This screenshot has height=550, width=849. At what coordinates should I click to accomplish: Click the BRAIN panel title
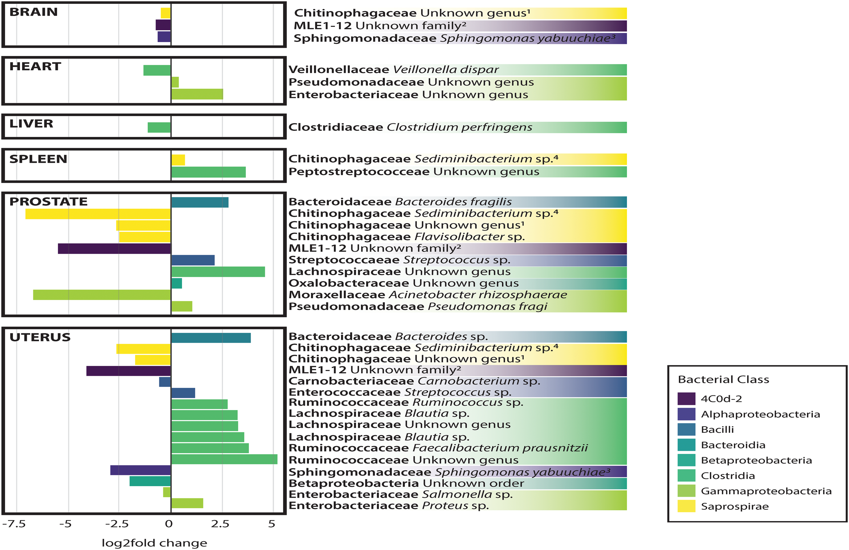pos(33,12)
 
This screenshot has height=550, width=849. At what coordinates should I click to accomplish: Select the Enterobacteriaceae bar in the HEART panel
pos(197,94)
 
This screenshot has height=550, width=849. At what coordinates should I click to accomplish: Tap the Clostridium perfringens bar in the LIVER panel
pos(159,127)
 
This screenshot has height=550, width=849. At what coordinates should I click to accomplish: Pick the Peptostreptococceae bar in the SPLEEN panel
pos(208,172)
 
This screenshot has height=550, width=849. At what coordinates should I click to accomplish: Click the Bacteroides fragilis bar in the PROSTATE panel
pos(200,202)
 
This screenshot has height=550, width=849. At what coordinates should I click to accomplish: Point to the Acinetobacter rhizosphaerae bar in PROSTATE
pos(102,295)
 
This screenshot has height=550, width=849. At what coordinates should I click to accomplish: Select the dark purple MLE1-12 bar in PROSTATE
pos(114,249)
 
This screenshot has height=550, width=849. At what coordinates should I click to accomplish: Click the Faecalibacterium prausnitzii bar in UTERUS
pos(210,448)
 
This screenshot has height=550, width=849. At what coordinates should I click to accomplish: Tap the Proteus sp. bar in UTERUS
pos(187,503)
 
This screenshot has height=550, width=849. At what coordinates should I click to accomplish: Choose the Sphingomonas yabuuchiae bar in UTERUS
pos(141,471)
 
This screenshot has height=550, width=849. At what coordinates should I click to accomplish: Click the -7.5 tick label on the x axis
pos(14,524)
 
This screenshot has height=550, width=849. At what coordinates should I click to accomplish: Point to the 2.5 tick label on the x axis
pos(220,524)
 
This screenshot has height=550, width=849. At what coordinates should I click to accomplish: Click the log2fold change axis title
pos(154,543)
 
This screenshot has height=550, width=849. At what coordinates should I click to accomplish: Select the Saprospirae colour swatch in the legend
pos(686,506)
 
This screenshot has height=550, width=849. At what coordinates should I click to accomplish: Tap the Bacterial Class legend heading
pos(723,379)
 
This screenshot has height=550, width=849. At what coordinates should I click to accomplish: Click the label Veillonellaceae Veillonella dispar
pos(393,70)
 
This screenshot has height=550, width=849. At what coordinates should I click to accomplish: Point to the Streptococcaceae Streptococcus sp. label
pos(399,260)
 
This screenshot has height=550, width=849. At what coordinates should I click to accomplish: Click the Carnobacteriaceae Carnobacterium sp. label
pos(414,381)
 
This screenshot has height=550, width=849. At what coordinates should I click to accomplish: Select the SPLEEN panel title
pos(38,159)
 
